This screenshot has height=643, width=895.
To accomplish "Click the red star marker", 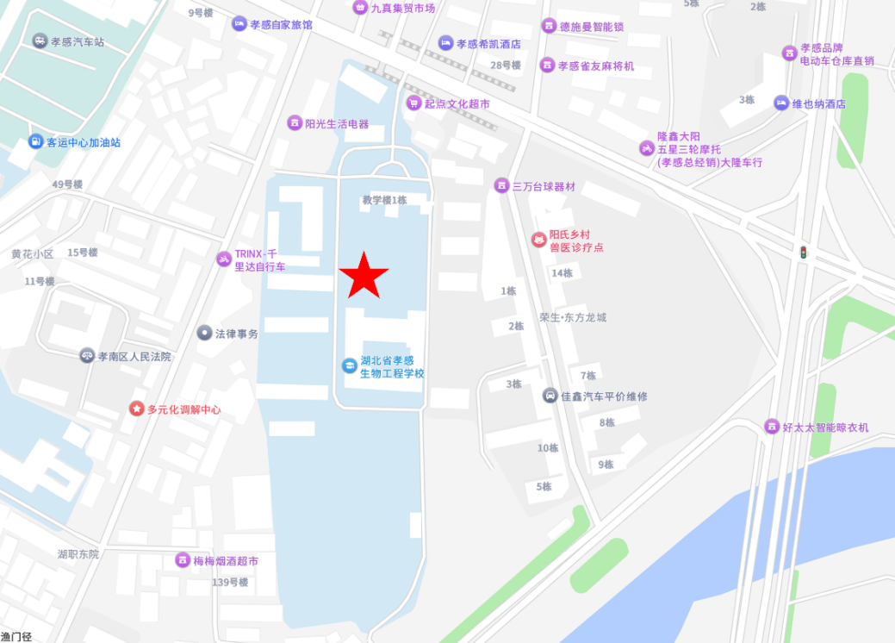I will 364,276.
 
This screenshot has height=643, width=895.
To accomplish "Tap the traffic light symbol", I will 804,253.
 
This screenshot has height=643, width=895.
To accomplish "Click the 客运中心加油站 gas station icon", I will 35,141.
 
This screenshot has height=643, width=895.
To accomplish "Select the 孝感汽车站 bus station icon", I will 40,41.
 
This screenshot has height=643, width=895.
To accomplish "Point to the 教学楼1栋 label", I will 384,200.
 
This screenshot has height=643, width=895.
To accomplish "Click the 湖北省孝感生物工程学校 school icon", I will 349,365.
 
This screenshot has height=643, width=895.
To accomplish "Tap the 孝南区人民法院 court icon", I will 87,355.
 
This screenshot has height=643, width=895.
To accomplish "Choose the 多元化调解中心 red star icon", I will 136,409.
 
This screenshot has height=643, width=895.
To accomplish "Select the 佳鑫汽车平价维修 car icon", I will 550,396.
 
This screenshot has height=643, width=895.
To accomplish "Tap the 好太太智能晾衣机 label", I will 825,427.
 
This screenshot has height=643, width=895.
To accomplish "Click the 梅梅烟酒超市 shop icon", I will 183,560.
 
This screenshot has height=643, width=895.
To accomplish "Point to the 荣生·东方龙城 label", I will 573,317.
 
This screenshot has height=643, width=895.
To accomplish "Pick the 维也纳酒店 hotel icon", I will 781,103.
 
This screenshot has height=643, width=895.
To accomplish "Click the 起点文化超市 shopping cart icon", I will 413,103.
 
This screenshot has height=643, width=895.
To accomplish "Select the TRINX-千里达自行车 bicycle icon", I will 223,259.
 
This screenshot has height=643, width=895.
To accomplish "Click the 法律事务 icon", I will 204,333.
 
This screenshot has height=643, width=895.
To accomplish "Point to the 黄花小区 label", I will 32,254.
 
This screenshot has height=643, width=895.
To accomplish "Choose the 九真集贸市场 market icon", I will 360,8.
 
